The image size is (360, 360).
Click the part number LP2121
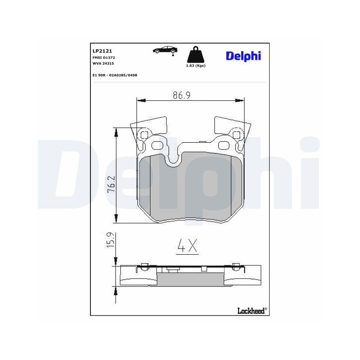pyautogui.click(x=102, y=51)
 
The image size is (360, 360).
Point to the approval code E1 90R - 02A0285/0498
pyautogui.click(x=115, y=75)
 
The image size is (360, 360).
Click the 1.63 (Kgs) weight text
pyautogui.click(x=195, y=66)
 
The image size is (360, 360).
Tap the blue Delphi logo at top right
pyautogui.click(x=243, y=56)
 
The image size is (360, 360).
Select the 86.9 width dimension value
pyautogui.click(x=181, y=95)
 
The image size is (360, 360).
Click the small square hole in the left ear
pyautogui.click(x=144, y=135)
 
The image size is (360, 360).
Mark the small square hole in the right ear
pyautogui.click(x=237, y=135)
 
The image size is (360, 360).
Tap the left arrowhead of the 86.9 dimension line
pyautogui.click(x=141, y=101)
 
